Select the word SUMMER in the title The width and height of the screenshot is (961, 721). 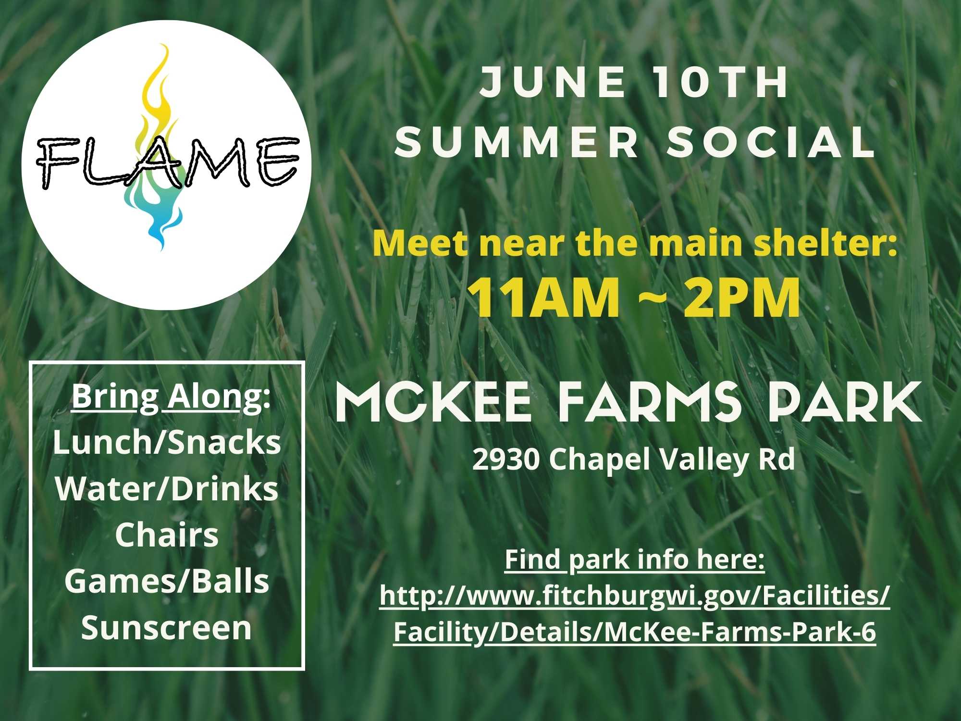point(517,142)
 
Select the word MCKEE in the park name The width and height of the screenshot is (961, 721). point(433,403)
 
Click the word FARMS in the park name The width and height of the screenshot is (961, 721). point(649,403)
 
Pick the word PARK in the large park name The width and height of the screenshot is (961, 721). point(844,403)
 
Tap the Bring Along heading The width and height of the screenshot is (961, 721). point(171,397)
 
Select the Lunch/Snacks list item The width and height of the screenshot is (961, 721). point(167,442)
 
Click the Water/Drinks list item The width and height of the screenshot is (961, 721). point(167,489)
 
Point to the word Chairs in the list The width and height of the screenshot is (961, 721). point(167,535)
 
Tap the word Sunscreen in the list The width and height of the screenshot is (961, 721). point(167,628)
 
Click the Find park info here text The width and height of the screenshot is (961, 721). point(634,559)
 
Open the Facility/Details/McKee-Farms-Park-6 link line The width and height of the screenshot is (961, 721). point(635,632)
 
